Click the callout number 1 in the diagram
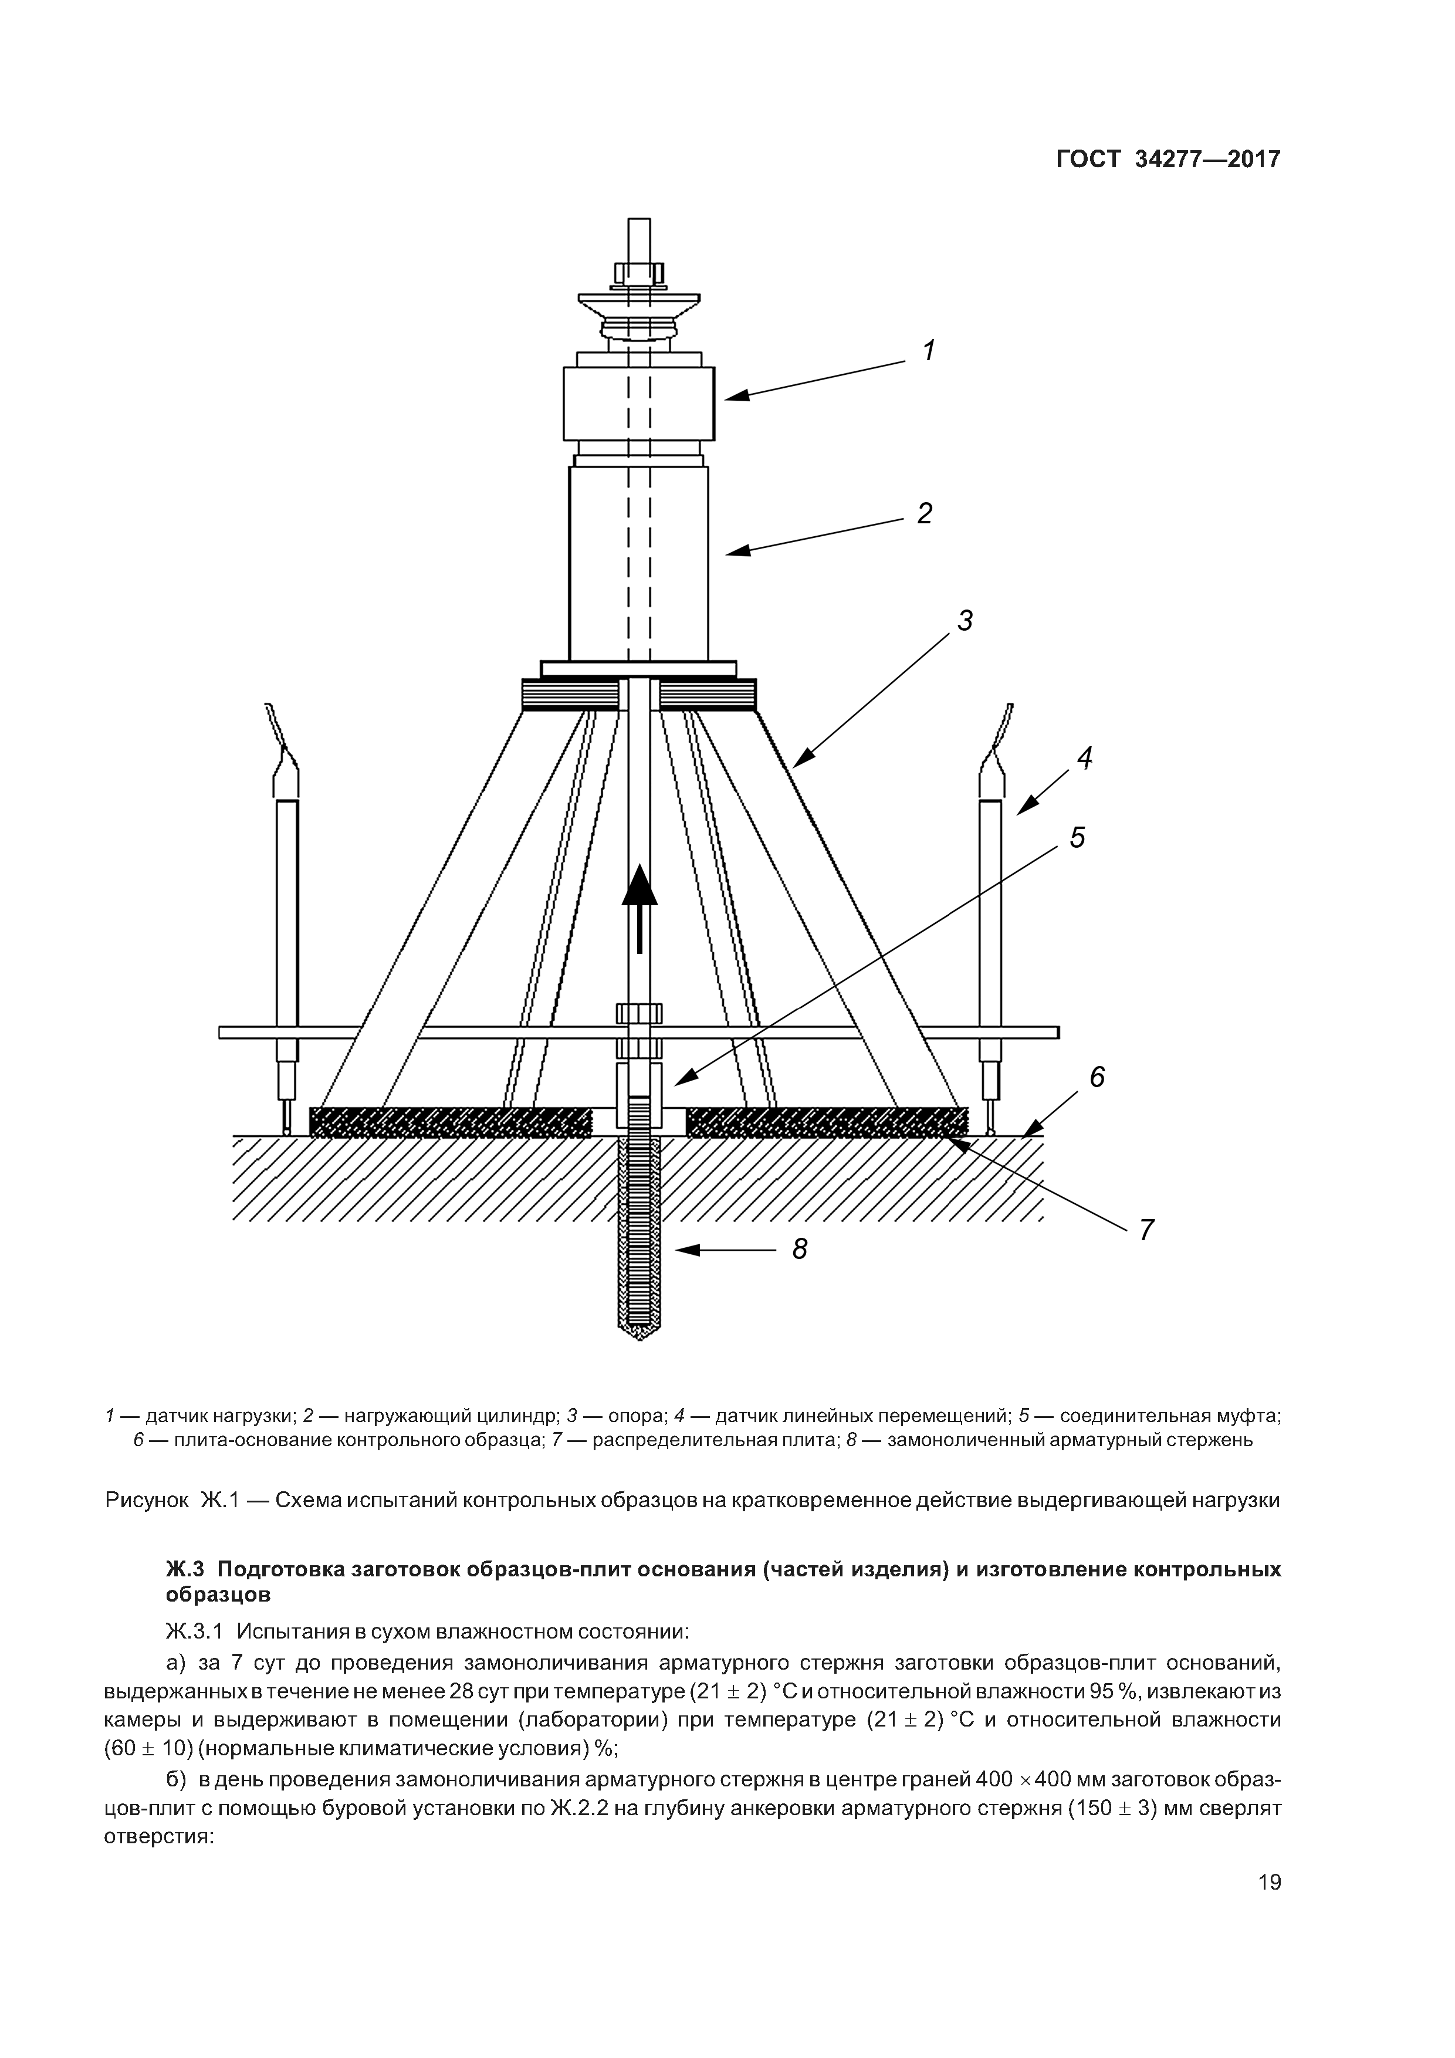click(930, 350)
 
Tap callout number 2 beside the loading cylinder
click(924, 513)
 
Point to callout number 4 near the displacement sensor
click(1085, 759)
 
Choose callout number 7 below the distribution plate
click(1146, 1230)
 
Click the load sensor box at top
click(638, 404)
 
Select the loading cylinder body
click(638, 563)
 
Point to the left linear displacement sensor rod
click(287, 914)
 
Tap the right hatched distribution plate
click(827, 1122)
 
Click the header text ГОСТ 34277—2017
click(1168, 160)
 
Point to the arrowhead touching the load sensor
click(733, 395)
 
